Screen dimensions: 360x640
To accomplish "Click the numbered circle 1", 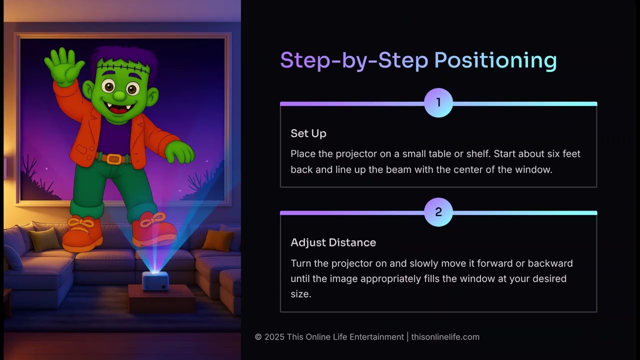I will (x=438, y=103).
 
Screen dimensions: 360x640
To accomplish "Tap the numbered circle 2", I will (x=438, y=212).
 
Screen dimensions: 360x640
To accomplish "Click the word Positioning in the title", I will (x=495, y=60).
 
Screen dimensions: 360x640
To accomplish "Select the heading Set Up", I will (x=308, y=133).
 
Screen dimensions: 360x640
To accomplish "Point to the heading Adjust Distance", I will (x=333, y=242).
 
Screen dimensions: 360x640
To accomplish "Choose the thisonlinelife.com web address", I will (x=445, y=337).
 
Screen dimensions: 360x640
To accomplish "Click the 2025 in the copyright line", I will (x=274, y=337).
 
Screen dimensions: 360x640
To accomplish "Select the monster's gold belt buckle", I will (x=114, y=159).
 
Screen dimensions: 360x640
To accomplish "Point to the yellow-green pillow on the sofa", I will (x=44, y=239).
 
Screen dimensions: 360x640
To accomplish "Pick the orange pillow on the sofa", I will (x=217, y=240).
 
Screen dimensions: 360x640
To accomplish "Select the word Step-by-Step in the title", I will (x=353, y=60).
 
